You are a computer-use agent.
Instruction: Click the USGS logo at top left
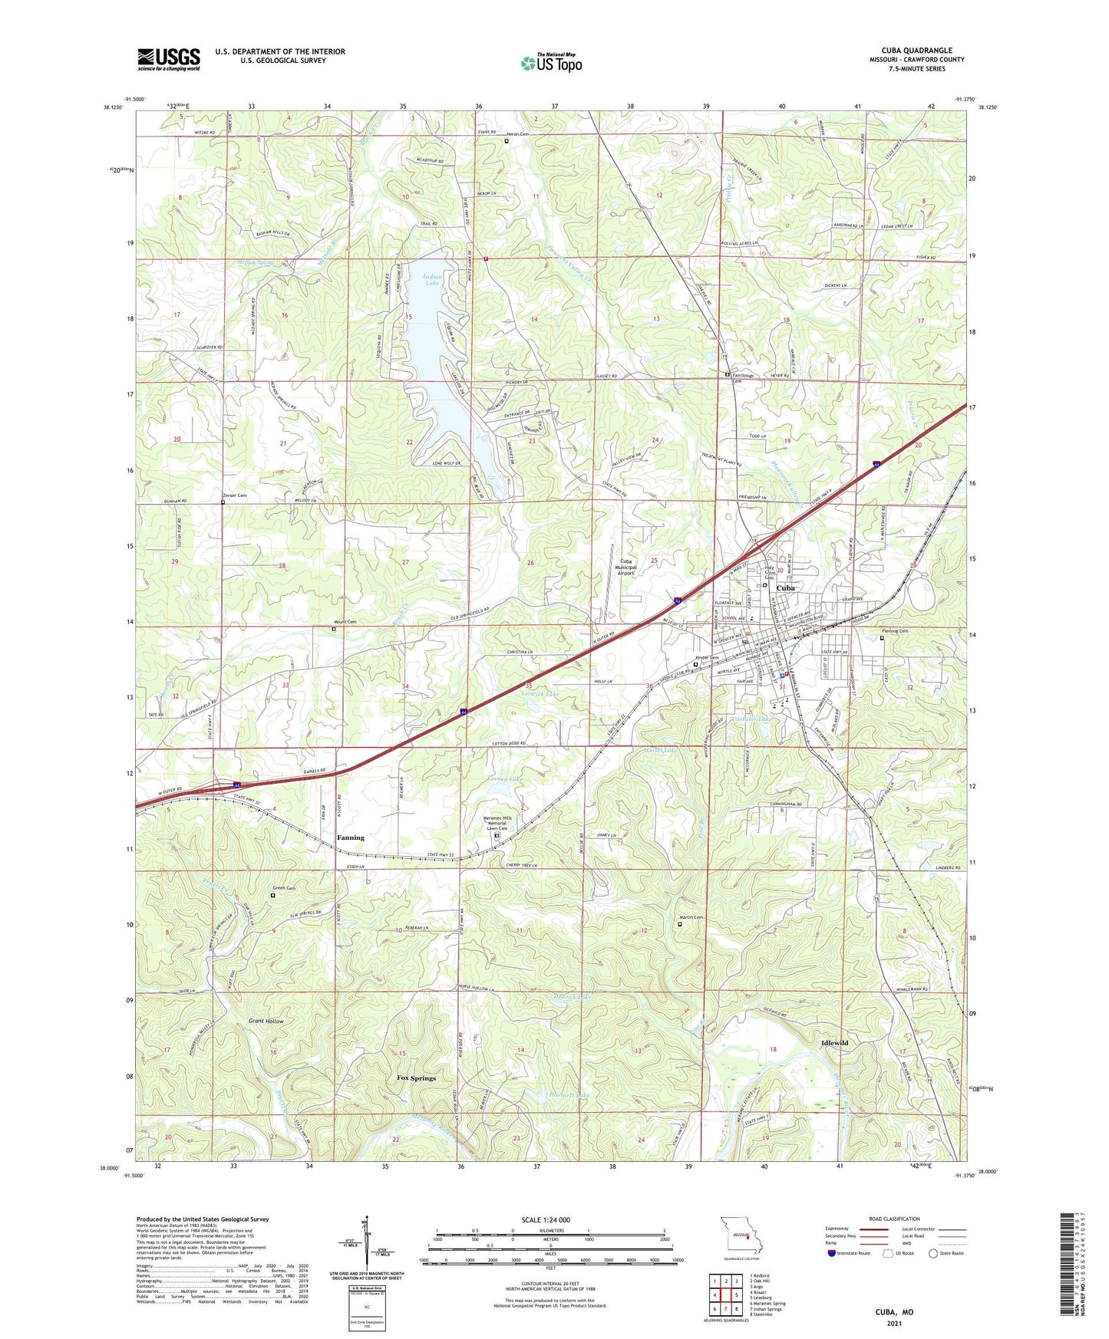pos(169,59)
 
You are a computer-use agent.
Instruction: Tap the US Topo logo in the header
pos(551,63)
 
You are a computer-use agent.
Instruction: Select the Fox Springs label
pos(416,1077)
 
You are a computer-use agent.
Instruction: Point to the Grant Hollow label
pos(266,1022)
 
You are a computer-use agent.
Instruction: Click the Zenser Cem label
pos(235,496)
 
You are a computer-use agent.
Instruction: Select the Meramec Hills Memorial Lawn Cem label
pos(497,823)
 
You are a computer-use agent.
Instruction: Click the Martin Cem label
pos(691,918)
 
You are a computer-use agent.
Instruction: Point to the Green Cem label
pos(285,888)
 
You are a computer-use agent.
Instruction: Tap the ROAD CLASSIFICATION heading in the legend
pos(895,1219)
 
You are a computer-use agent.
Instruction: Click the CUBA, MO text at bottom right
pos(894,1312)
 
